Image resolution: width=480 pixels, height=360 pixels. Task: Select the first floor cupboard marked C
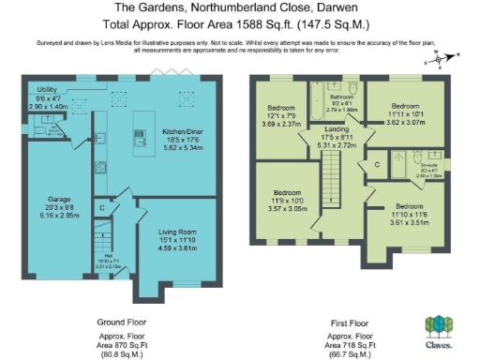pyautogui.click(x=376, y=166)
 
